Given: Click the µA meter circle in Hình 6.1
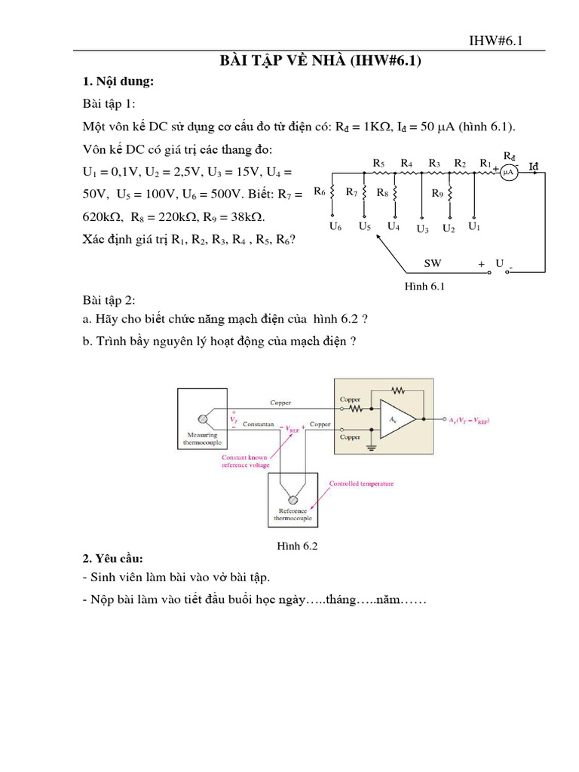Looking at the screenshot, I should coord(508,173).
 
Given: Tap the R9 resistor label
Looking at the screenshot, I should coord(437,194).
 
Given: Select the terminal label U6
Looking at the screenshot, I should coord(335,226).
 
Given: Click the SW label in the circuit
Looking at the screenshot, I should coord(432,264).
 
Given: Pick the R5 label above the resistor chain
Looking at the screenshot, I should coord(378,162).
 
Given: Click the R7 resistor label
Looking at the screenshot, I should coord(351,192).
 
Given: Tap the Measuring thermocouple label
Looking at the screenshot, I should coord(202,439).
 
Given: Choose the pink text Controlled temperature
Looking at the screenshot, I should coord(362,483).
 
